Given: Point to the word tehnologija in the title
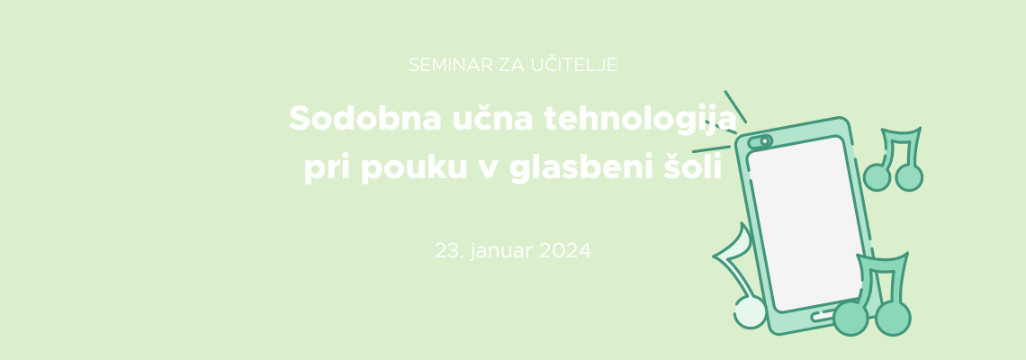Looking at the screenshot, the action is coord(640,120).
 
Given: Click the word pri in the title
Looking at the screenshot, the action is coord(327,169).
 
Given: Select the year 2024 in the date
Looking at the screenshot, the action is coord(564,251).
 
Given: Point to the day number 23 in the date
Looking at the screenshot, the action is coord(448,251).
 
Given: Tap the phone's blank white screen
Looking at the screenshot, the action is coord(805,223).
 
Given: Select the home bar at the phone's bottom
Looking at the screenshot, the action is coord(824,315).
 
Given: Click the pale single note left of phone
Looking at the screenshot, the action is coord(741,278).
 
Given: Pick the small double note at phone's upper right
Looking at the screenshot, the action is coord(894,159).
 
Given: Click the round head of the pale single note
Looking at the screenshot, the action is coord(750,313).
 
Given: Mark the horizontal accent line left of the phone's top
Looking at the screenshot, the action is coord(711,148).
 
